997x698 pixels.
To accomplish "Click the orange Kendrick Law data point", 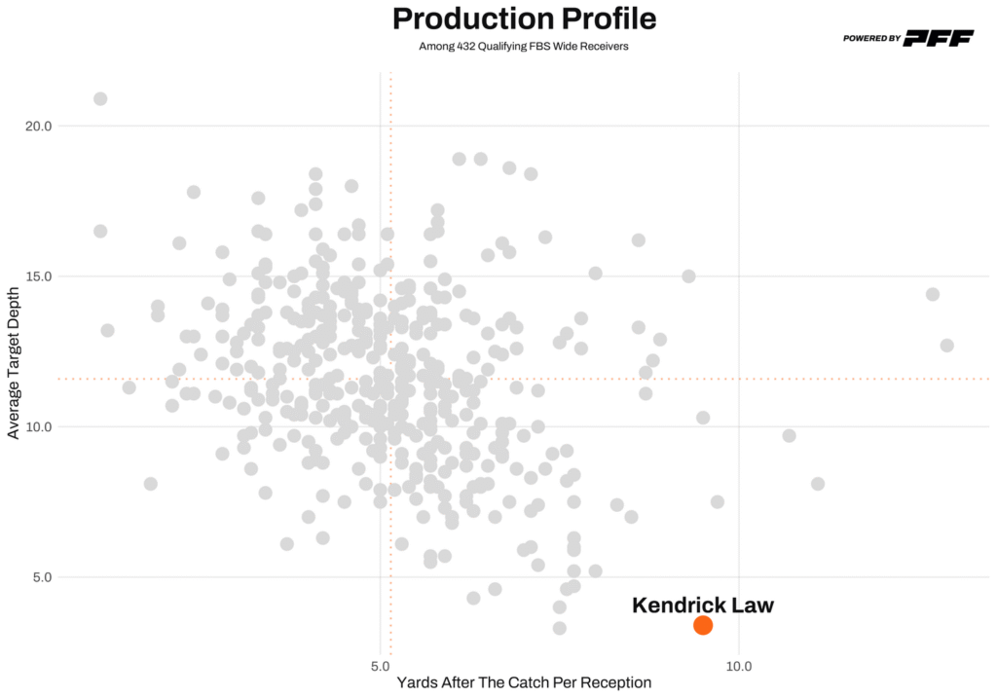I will click(703, 625).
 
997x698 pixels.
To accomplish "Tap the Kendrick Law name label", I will click(702, 605).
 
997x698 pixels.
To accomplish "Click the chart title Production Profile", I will click(524, 18).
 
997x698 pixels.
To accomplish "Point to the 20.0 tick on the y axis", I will click(37, 126).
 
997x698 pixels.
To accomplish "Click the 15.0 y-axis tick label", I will click(37, 276).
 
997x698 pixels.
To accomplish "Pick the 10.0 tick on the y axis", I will click(37, 426).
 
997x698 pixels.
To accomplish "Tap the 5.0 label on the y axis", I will click(40, 576).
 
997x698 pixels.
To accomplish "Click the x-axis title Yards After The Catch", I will click(524, 683).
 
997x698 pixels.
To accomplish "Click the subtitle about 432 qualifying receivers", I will click(524, 46).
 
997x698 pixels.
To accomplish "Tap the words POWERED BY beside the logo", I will click(871, 39).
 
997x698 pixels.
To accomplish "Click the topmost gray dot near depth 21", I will click(100, 98).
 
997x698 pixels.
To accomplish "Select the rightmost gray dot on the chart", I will click(946, 346).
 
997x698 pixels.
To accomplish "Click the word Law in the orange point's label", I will click(753, 605).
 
